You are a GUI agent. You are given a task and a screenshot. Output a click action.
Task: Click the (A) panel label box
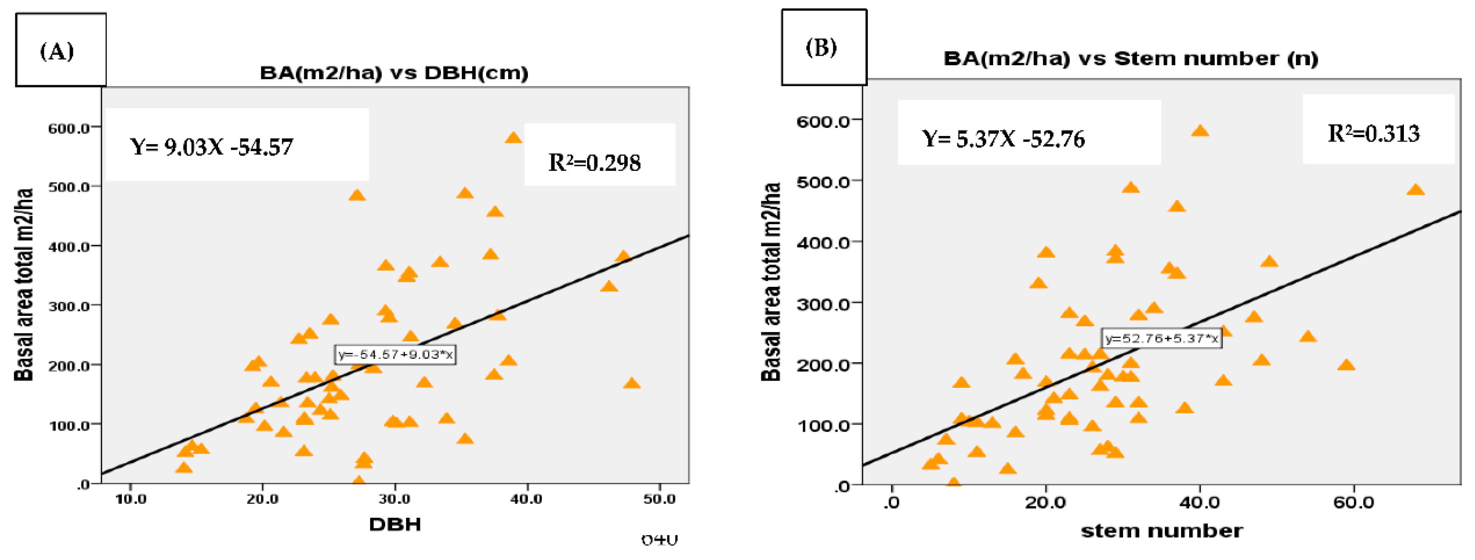click(60, 50)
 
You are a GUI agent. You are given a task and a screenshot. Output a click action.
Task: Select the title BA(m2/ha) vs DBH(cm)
click(394, 73)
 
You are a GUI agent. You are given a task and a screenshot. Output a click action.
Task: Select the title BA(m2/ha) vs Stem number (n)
click(1131, 58)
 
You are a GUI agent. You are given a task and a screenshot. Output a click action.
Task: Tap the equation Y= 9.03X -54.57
click(212, 147)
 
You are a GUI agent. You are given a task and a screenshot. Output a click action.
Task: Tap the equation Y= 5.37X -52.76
click(1003, 139)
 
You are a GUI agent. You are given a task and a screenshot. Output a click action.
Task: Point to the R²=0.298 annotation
click(594, 163)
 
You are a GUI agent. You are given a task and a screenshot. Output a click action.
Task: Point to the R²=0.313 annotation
click(1373, 134)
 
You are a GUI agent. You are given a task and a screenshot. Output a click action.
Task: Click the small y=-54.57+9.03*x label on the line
click(395, 355)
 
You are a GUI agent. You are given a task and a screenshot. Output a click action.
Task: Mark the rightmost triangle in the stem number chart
click(1415, 190)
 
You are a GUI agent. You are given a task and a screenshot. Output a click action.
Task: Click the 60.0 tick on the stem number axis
click(1354, 503)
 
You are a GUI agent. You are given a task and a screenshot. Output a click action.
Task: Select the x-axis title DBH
click(395, 524)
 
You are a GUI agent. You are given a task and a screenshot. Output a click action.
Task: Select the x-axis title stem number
click(1161, 531)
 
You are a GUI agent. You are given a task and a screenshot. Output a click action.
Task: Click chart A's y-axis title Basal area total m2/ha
click(24, 285)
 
